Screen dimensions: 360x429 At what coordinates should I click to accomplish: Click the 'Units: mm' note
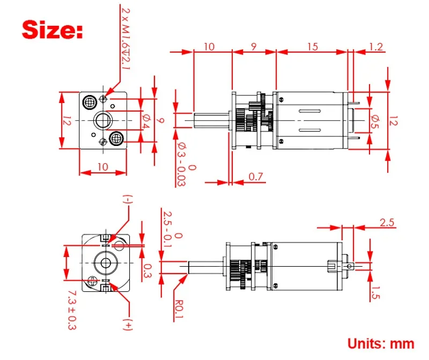381,343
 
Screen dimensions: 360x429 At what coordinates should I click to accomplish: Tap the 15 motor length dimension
312,47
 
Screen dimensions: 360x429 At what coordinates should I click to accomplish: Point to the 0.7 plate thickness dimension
256,177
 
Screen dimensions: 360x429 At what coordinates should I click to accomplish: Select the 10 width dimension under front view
103,167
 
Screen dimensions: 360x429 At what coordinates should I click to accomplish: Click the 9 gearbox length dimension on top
253,47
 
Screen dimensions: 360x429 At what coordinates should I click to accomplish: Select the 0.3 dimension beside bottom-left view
148,271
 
